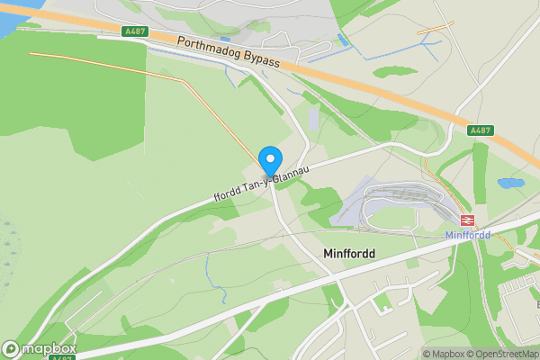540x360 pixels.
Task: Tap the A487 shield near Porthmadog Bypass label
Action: (x=135, y=31)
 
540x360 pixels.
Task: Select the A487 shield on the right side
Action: (x=481, y=130)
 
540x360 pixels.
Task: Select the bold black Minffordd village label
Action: (x=348, y=255)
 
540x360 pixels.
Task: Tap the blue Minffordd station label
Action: (x=468, y=236)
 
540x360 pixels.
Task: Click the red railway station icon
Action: (x=467, y=220)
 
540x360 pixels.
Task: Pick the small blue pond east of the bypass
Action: (x=510, y=184)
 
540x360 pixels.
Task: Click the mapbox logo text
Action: (x=49, y=348)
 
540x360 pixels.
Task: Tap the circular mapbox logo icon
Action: (x=11, y=348)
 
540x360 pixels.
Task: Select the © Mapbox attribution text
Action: (x=444, y=354)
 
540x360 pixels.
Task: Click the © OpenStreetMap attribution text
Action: (x=502, y=354)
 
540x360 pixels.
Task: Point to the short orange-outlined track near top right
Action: (x=436, y=27)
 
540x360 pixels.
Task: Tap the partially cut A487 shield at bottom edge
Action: (x=61, y=357)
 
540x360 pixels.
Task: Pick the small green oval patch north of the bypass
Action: (x=396, y=70)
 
